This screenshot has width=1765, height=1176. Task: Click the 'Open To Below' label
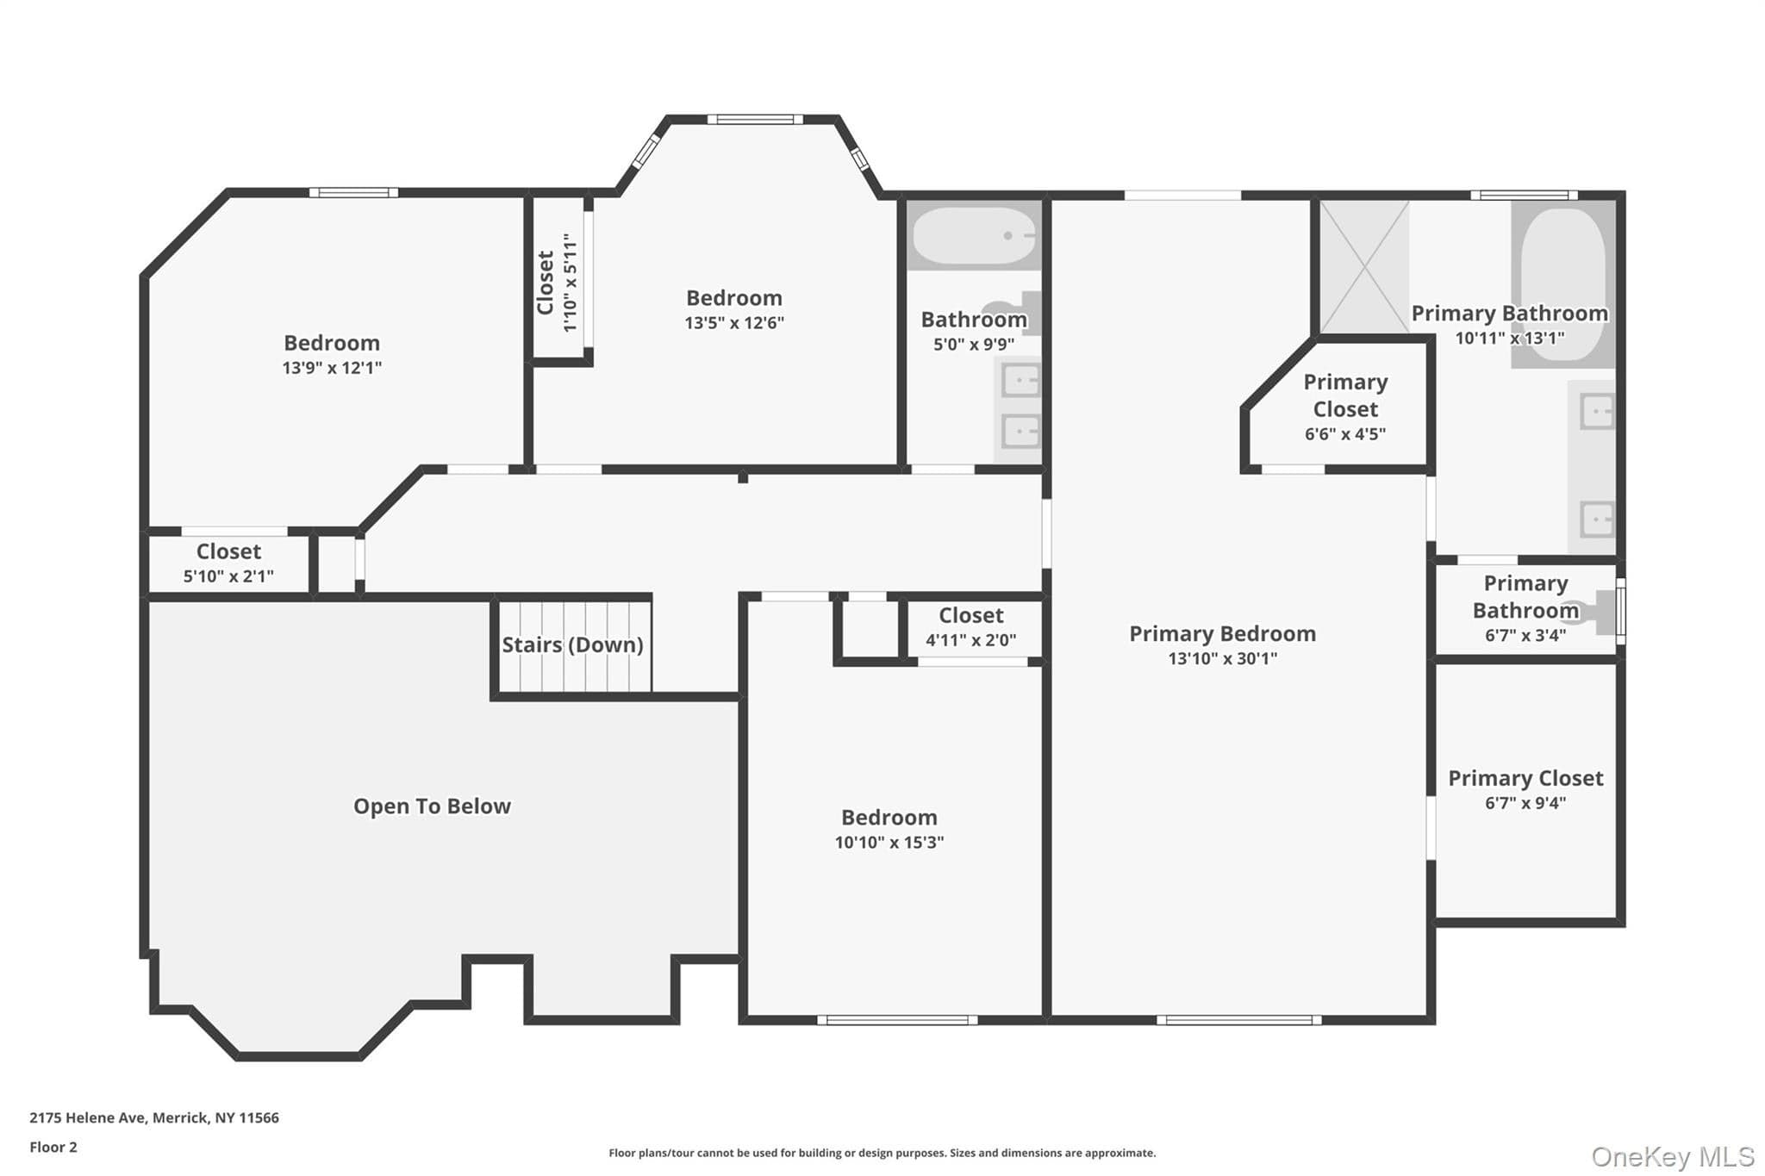click(432, 806)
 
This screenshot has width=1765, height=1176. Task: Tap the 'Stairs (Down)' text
click(572, 644)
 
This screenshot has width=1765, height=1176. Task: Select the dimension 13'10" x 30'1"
click(1222, 659)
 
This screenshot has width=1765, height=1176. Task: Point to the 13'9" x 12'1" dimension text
click(332, 368)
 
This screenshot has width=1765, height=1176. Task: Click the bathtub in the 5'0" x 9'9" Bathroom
click(974, 235)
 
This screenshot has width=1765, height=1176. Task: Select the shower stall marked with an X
click(1364, 266)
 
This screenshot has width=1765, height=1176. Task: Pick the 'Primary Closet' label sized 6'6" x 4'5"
click(1345, 395)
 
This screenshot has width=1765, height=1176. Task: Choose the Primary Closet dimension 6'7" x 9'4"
click(1525, 804)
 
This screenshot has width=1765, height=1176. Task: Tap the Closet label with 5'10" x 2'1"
click(228, 551)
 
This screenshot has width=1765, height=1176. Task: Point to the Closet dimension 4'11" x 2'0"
click(970, 640)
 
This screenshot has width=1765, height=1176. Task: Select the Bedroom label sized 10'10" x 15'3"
click(889, 818)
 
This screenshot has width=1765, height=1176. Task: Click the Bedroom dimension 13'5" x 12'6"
click(734, 323)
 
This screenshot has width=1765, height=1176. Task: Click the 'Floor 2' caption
click(53, 1147)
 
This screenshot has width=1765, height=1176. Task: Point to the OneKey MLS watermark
click(1673, 1156)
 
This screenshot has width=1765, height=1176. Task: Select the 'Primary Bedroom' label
click(1222, 634)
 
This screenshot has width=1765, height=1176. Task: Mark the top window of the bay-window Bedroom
click(755, 119)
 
